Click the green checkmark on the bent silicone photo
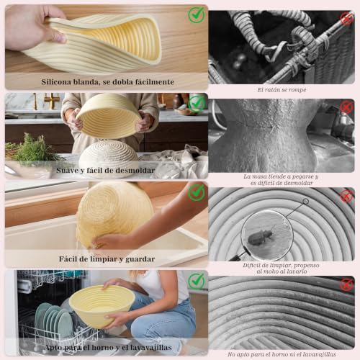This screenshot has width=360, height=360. [197, 15]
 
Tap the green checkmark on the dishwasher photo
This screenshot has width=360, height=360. [197, 282]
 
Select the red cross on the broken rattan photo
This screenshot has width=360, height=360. [346, 19]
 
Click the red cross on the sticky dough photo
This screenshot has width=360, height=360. [346, 107]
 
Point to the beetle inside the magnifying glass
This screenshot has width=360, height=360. [261, 236]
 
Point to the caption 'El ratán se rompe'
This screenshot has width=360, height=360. [282, 90]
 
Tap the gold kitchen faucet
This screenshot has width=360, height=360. [51, 101]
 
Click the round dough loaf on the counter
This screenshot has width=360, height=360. [109, 156]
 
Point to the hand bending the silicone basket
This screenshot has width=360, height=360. [34, 27]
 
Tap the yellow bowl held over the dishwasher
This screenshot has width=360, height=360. [102, 306]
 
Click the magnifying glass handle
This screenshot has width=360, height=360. [238, 256]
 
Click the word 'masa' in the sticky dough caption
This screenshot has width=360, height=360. [259, 176]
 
